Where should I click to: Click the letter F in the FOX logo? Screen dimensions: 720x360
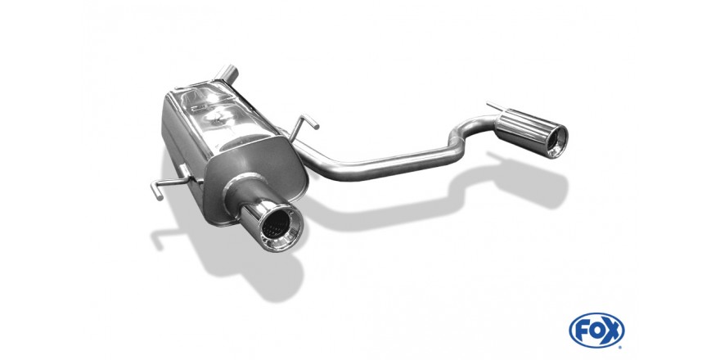[583, 331]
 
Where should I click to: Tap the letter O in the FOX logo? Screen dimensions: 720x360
[596, 331]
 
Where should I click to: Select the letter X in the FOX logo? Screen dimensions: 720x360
[611, 331]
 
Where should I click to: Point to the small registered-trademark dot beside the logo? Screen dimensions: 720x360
[621, 346]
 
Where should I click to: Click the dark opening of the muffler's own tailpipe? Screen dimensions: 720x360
[277, 227]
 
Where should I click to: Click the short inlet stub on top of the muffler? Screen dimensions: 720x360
[227, 74]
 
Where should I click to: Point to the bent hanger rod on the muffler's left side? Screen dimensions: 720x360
[168, 183]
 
